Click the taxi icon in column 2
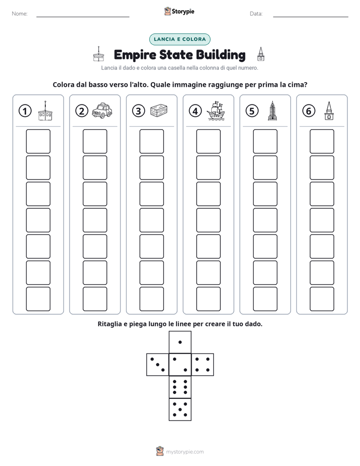click(x=102, y=110)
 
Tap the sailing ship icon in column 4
click(x=216, y=110)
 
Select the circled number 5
click(x=252, y=111)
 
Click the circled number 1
click(x=25, y=111)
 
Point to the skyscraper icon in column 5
click(x=272, y=110)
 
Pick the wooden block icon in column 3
click(x=159, y=110)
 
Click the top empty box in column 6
click(x=322, y=141)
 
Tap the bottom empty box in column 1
click(x=38, y=299)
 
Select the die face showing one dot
click(x=180, y=342)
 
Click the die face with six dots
click(x=180, y=387)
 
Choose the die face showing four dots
click(x=203, y=364)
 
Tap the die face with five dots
click(x=180, y=410)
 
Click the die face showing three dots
click(x=158, y=364)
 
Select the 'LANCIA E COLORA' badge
click(x=179, y=39)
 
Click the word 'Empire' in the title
click(x=135, y=55)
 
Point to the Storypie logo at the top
click(x=179, y=12)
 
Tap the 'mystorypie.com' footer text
click(x=185, y=452)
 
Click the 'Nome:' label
click(x=20, y=14)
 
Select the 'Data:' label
click(x=256, y=14)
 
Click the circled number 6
click(x=309, y=111)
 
